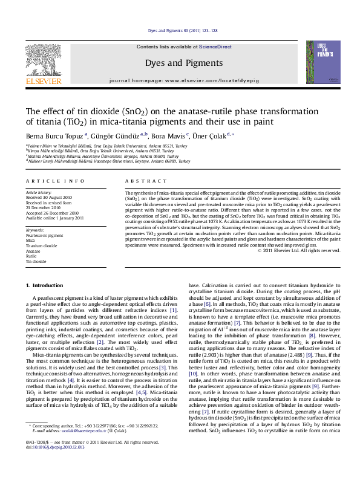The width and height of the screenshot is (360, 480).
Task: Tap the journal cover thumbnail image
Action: tap(319, 62)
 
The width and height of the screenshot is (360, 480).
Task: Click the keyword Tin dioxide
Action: tap(36, 261)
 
